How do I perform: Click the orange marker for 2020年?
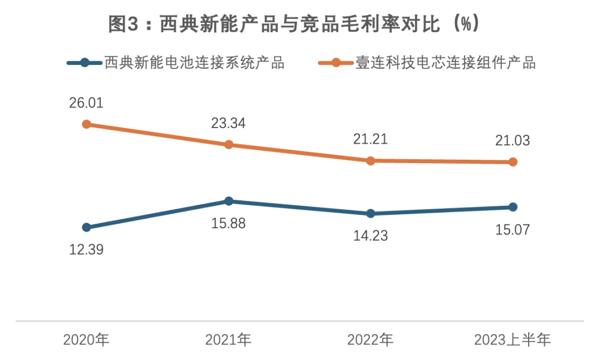pyautogui.click(x=86, y=124)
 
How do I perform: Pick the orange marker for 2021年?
pyautogui.click(x=229, y=145)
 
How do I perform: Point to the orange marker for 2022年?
pyautogui.click(x=371, y=161)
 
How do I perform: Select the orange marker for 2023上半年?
pyautogui.click(x=513, y=162)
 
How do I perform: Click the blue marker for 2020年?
pyautogui.click(x=86, y=227)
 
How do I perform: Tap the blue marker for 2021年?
pyautogui.click(x=229, y=201)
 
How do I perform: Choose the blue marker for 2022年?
pyautogui.click(x=371, y=214)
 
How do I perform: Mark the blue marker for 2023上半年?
pyautogui.click(x=513, y=207)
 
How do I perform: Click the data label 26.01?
pyautogui.click(x=86, y=103)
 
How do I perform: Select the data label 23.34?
pyautogui.click(x=228, y=124)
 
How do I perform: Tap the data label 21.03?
pyautogui.click(x=513, y=141)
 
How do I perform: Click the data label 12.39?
pyautogui.click(x=86, y=249)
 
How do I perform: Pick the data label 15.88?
pyautogui.click(x=228, y=223)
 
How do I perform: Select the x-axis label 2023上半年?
pyautogui.click(x=513, y=339)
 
